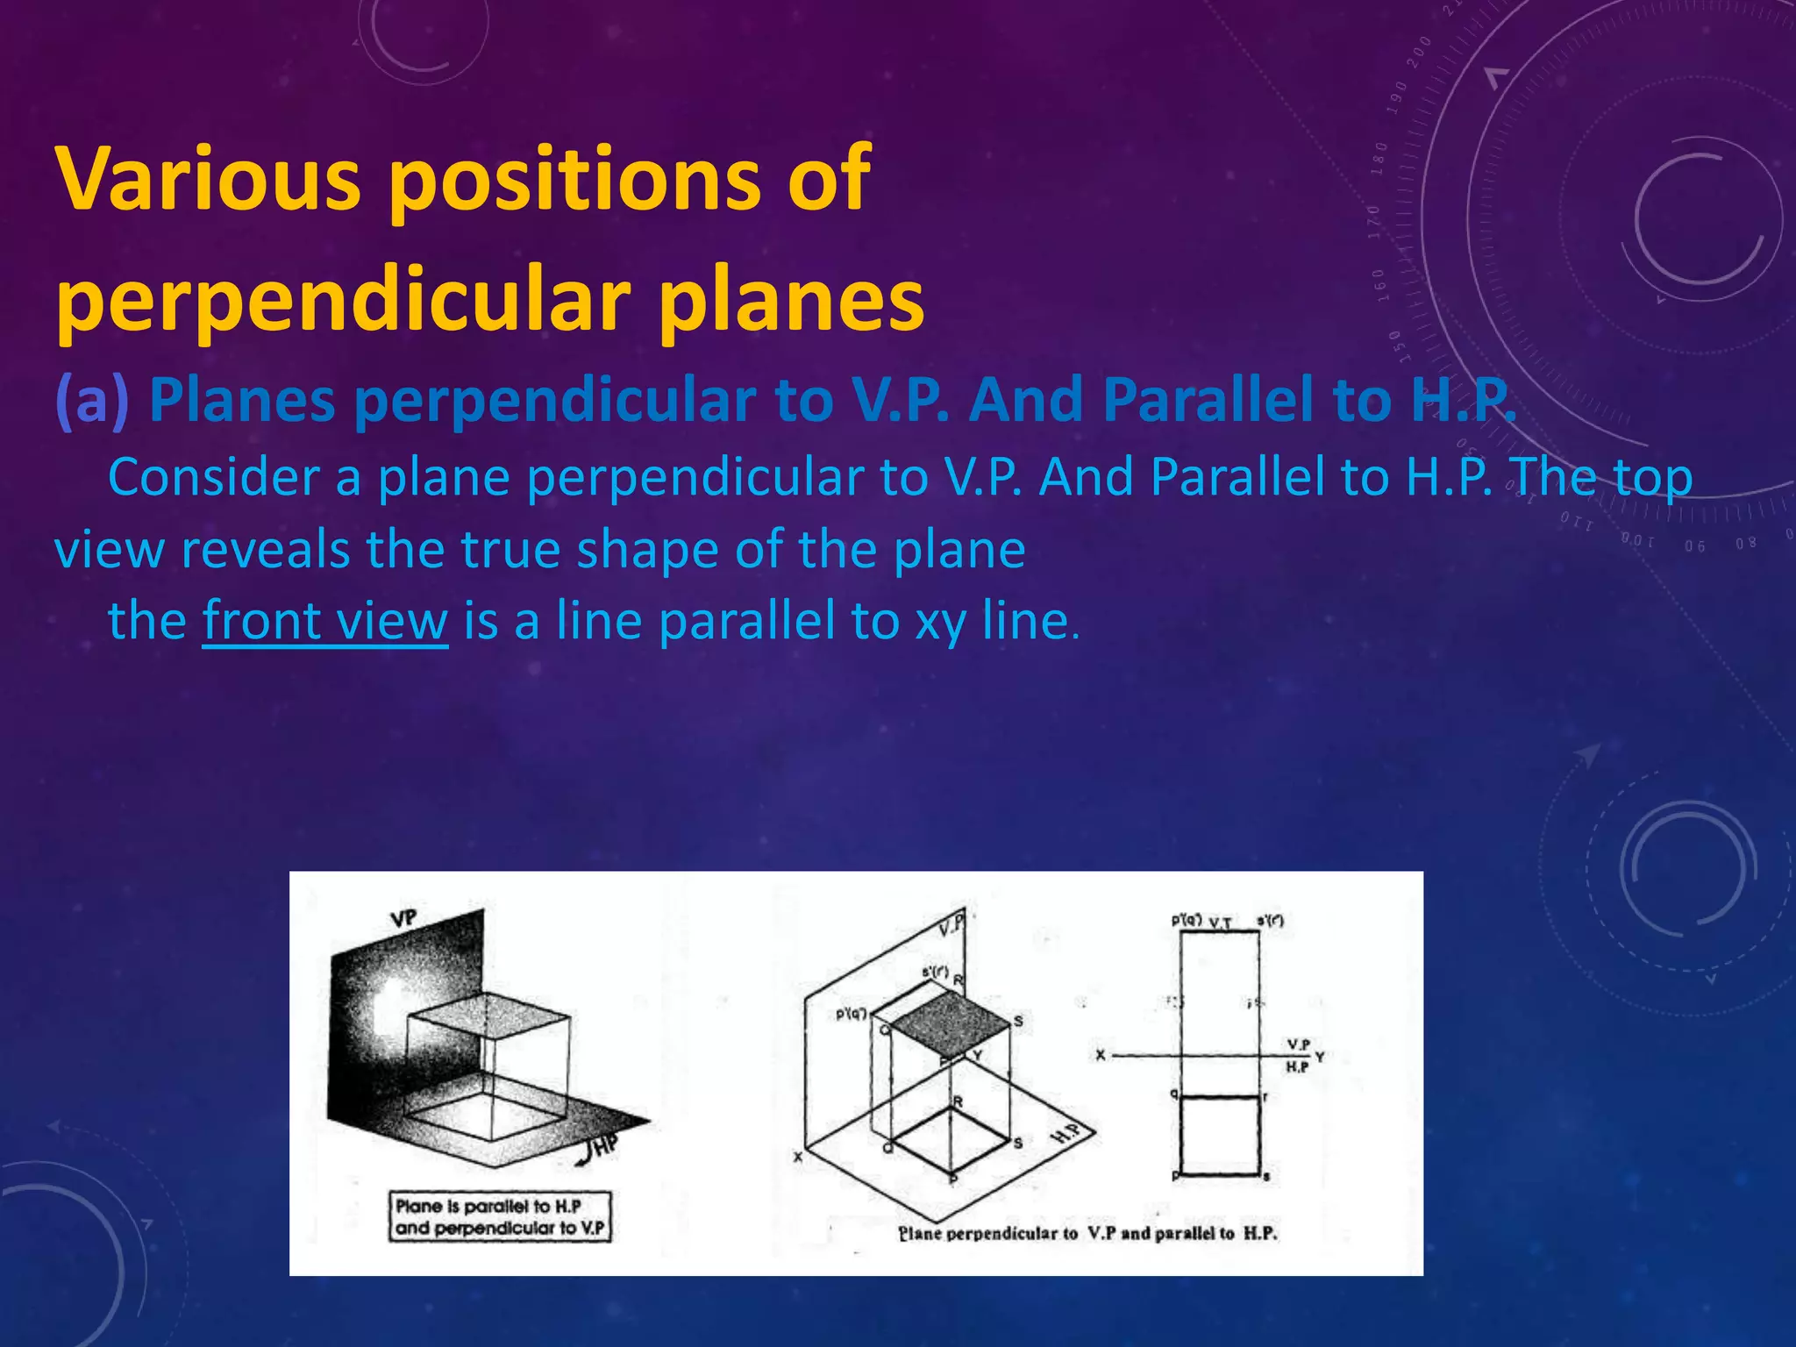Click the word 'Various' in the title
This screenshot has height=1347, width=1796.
click(209, 179)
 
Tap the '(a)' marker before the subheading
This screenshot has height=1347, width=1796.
click(92, 400)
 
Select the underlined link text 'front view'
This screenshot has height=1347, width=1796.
click(324, 621)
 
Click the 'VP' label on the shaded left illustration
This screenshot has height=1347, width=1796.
click(403, 918)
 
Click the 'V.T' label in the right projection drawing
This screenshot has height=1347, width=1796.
click(1220, 923)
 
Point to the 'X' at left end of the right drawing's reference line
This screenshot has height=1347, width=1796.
click(1101, 1056)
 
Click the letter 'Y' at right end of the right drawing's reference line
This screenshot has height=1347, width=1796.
click(1320, 1058)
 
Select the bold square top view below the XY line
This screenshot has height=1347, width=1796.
click(1220, 1135)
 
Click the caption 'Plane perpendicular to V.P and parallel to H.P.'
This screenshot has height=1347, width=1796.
click(1087, 1234)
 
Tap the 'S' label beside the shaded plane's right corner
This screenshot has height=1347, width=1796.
click(1018, 1022)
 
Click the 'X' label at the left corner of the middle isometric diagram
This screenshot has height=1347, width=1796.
click(798, 1158)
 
